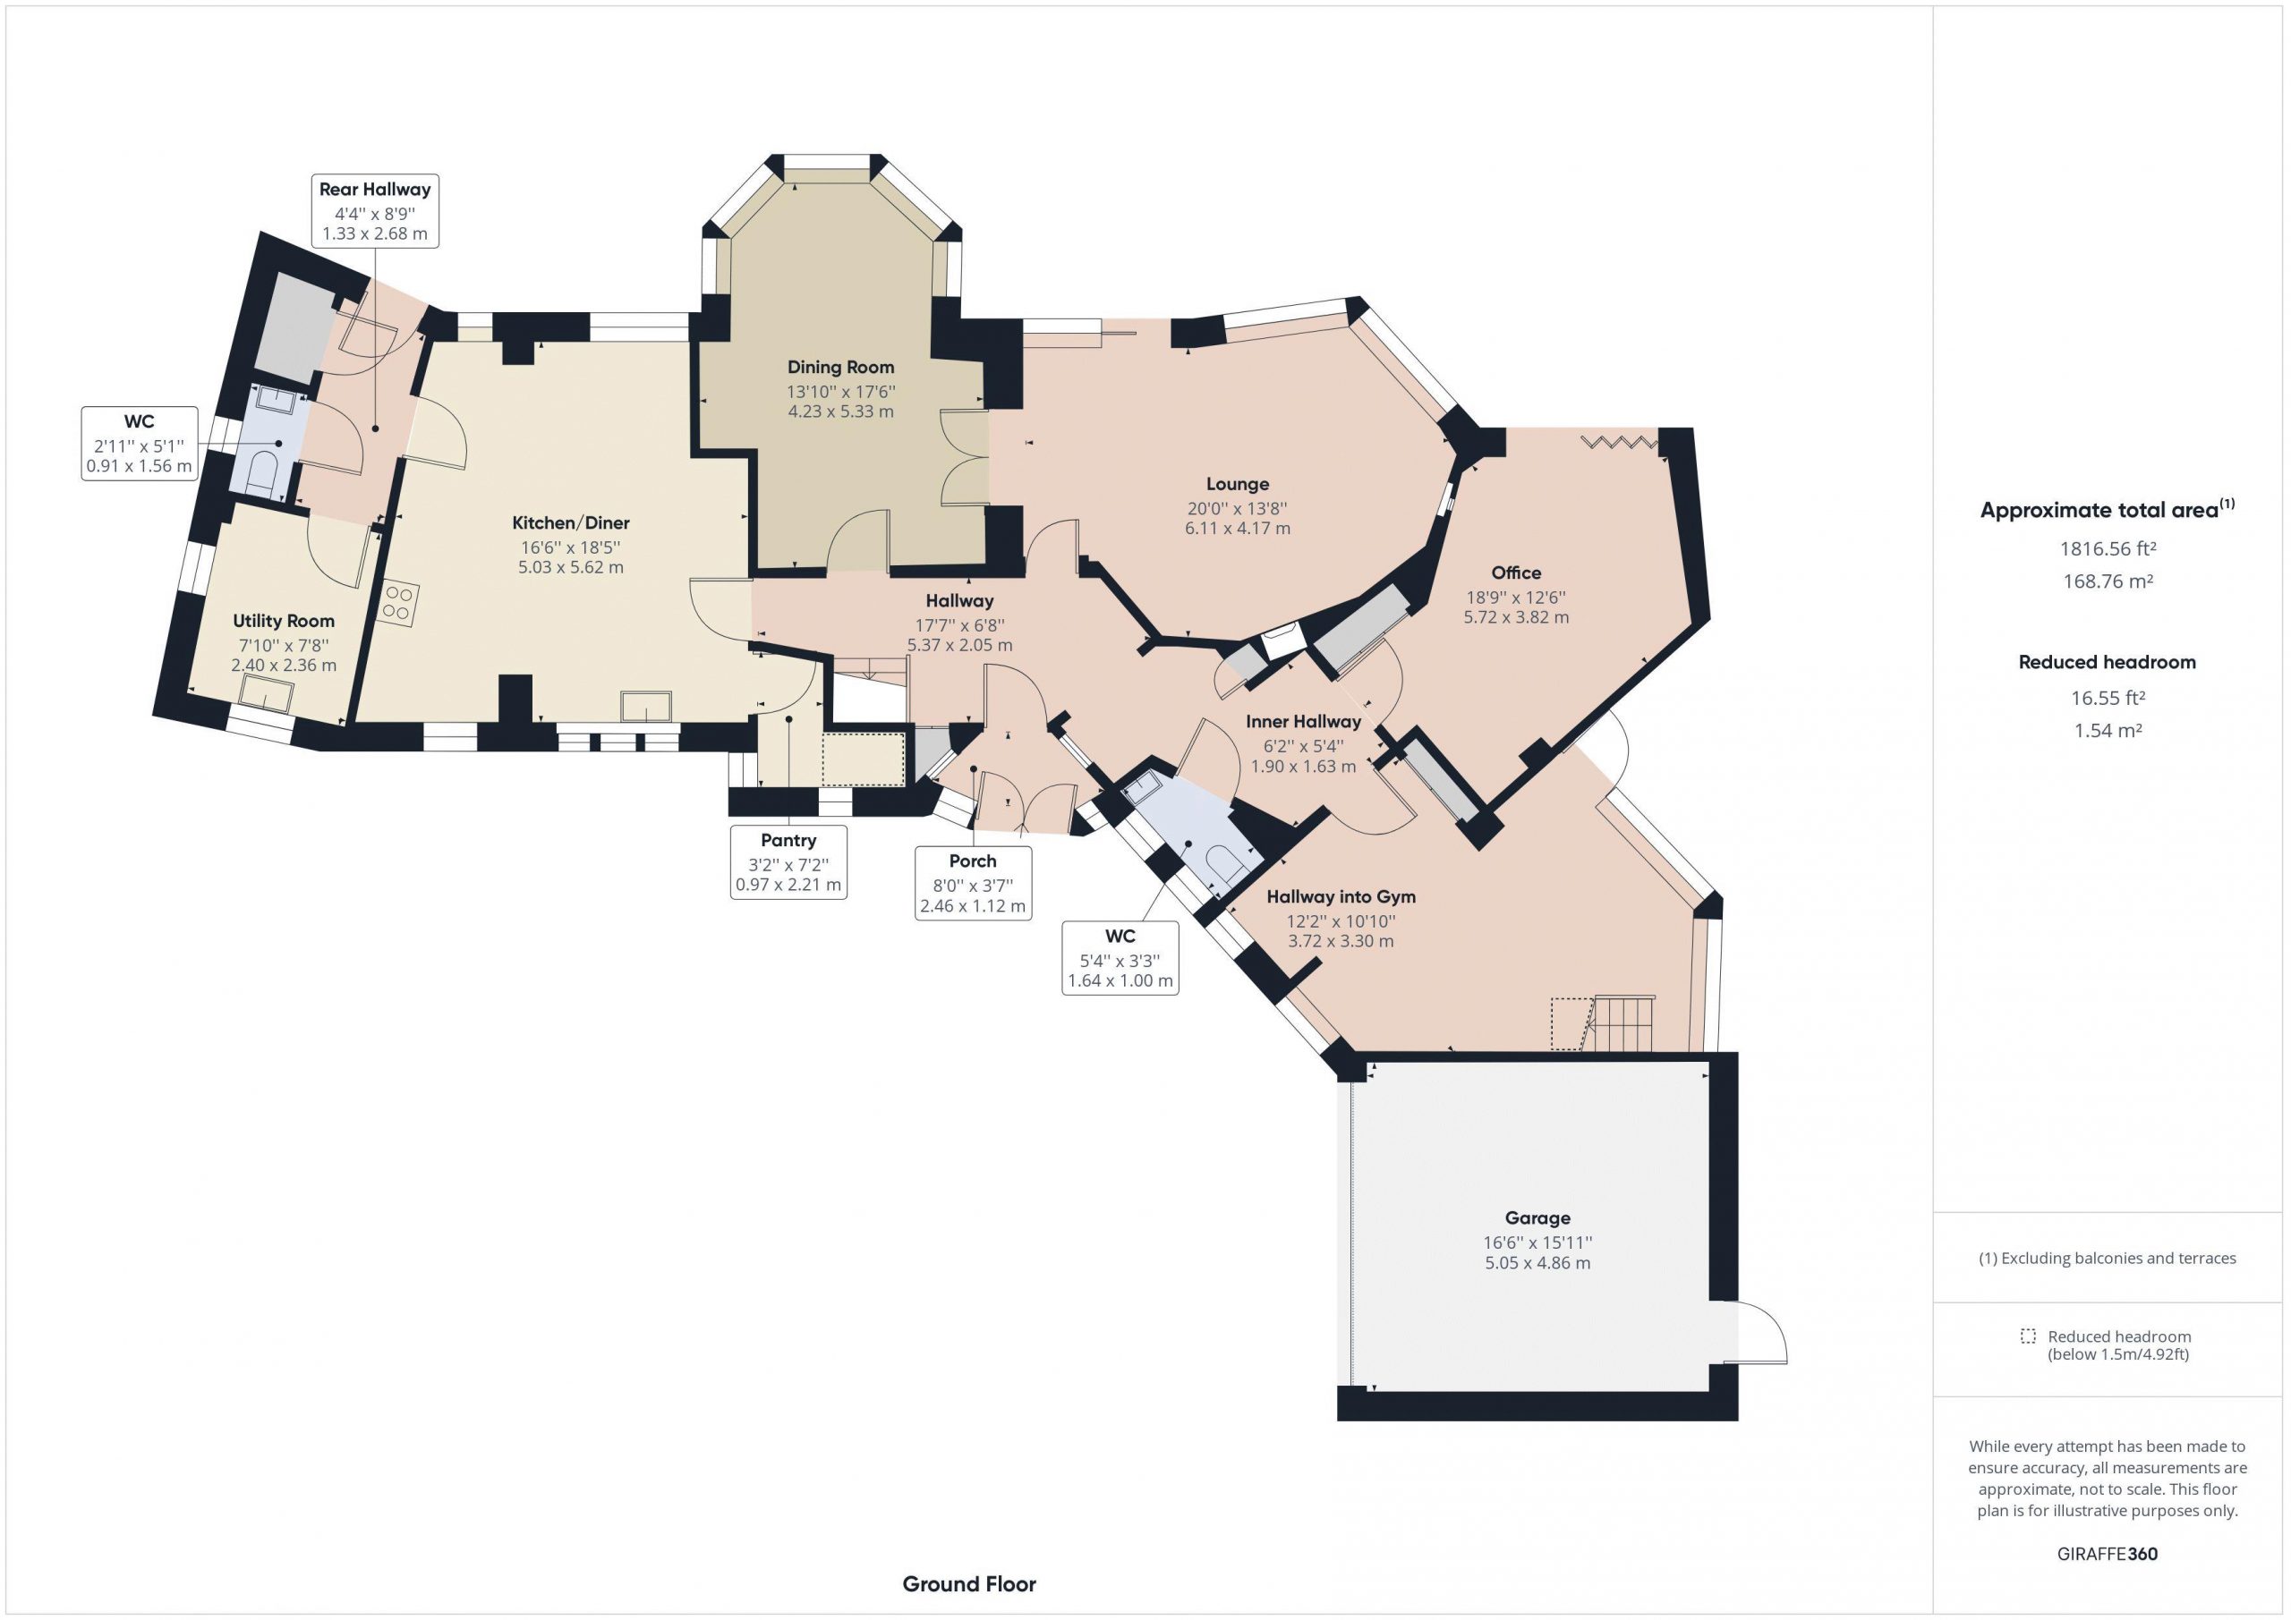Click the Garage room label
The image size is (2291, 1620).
point(1537,1218)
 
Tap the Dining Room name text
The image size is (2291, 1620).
point(840,367)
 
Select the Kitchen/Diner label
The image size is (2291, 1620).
point(571,522)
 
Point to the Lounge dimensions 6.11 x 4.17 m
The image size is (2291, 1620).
point(1238,528)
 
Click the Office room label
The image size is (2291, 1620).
point(1516,573)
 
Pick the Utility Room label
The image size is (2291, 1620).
point(284,621)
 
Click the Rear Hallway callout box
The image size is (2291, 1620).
point(375,210)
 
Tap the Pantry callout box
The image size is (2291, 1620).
point(788,861)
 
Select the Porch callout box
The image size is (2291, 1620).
point(973,883)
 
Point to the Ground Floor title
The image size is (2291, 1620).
point(969,1583)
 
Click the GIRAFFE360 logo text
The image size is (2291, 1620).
point(2108,1553)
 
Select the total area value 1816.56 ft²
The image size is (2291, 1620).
point(2108,547)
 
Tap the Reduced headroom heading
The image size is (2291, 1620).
point(2108,661)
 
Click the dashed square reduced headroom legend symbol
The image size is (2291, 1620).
point(2028,1336)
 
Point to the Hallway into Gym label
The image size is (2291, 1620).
point(1341,897)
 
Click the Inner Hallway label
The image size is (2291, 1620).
point(1303,721)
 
